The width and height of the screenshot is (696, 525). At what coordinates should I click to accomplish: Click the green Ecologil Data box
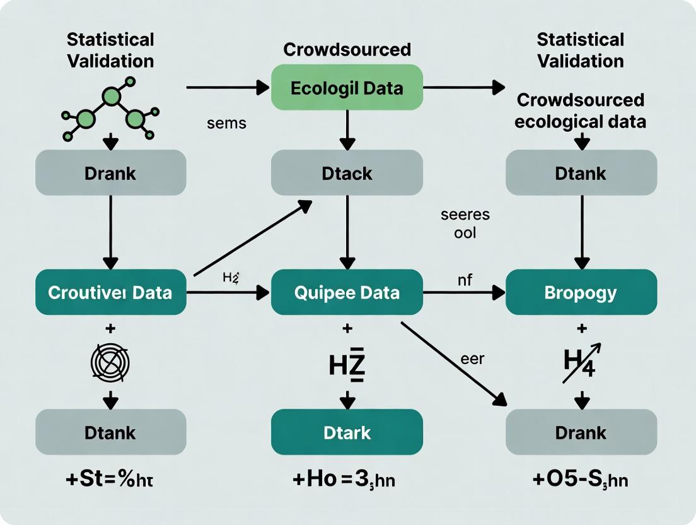346,87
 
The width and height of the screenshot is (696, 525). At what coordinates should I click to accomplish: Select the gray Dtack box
346,172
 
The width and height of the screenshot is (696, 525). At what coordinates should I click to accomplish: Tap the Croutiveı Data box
110,292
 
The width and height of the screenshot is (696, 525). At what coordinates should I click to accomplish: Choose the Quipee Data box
346,292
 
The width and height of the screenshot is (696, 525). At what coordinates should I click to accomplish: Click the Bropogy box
581,292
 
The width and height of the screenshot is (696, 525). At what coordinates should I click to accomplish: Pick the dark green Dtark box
346,432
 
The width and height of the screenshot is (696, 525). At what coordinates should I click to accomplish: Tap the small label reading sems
226,124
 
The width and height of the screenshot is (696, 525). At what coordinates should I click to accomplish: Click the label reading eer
472,358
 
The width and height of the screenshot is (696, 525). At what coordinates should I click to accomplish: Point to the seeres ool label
465,223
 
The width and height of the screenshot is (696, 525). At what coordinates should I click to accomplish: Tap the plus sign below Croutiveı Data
110,329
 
